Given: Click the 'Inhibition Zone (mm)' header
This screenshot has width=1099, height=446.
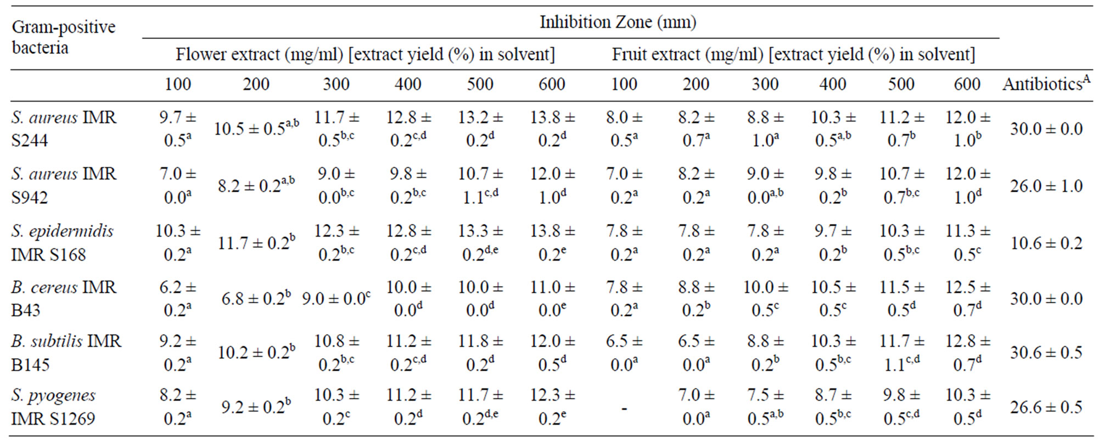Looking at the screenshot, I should tap(618, 22).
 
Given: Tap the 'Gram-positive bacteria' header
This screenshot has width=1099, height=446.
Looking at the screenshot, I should tap(63, 37).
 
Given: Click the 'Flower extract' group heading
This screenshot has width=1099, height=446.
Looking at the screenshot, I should tap(365, 54).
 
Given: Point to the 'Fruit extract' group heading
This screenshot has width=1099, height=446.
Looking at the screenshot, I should tap(793, 54).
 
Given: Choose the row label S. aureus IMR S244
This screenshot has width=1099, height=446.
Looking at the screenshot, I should tap(64, 129).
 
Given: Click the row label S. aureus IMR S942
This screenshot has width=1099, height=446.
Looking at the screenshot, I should tap(64, 185).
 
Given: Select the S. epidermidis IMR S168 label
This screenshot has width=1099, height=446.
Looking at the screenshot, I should tap(62, 242).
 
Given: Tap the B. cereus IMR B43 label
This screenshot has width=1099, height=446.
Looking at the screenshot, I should tap(64, 298).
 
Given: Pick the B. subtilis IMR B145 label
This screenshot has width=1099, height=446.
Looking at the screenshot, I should tap(66, 352).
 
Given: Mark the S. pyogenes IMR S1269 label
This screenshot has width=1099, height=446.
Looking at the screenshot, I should tap(53, 406).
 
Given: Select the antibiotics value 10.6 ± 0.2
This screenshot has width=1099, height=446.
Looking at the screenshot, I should tap(1046, 243).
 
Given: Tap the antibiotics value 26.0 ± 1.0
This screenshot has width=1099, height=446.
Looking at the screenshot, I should tap(1046, 186).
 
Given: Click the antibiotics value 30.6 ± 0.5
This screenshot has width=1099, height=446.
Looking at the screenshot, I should tap(1046, 352).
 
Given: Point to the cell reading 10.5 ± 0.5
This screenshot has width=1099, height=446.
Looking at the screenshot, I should tap(256, 129).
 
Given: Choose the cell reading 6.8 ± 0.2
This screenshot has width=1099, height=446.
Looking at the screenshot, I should tap(256, 298).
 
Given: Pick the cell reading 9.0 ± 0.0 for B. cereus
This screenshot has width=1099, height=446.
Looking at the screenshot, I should tap(336, 298).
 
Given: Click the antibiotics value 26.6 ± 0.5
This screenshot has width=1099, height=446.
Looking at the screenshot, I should tap(1046, 407).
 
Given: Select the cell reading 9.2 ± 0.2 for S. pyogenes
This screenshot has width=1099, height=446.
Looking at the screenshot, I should tap(256, 407).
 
